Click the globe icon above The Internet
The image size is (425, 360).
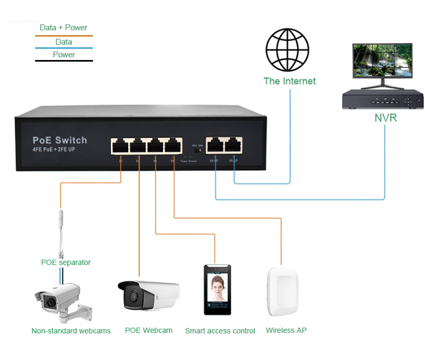287,50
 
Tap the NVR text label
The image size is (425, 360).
385,118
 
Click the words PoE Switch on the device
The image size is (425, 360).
59,140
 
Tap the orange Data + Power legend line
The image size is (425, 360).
63,36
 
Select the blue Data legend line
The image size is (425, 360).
63,48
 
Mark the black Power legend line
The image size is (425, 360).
63,61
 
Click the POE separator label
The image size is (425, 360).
66,262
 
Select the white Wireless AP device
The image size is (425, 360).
282,292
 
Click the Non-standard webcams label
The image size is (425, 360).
71,331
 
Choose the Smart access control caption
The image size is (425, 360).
220,331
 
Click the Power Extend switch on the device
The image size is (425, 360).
197,151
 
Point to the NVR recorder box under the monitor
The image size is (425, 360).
383,100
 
